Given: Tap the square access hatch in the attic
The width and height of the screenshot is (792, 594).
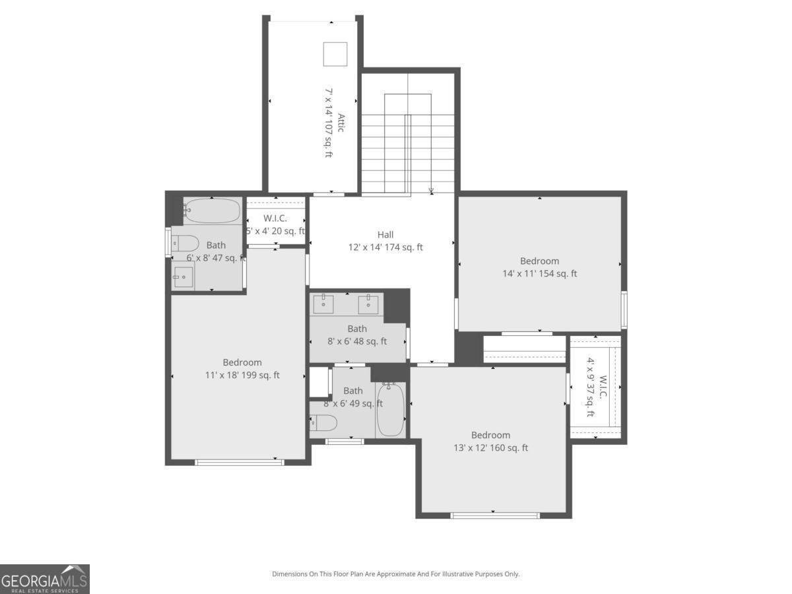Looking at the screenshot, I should pos(335,54).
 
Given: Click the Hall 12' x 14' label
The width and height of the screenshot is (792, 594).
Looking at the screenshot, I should pos(385,241).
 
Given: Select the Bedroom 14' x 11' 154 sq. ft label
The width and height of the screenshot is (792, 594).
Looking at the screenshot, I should pos(539,267).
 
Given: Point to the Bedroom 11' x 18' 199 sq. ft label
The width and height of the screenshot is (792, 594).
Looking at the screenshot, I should pos(242,369).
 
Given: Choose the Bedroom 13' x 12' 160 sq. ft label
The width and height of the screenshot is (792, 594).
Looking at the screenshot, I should pos(490,442).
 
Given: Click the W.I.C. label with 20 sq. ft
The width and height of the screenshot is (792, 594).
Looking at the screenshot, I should pos(275,224).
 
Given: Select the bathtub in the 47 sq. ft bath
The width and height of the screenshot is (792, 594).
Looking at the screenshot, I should pos(211,211).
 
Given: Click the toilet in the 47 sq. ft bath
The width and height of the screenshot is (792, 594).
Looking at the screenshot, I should pos(185,242).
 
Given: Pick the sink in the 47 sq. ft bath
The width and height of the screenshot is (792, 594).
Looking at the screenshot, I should pos(183,277).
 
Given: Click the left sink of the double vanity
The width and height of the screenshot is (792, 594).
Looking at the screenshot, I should pos(323,304).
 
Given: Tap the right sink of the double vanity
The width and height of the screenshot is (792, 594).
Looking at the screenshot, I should pos(368,304).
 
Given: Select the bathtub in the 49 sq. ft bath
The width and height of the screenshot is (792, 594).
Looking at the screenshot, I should pos(390,409).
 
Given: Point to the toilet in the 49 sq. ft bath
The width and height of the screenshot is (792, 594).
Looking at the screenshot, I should pos(323,422).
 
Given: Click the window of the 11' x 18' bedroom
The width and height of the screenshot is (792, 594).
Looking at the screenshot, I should pos(240,462).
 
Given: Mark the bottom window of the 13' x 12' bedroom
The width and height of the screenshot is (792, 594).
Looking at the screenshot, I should pos(495,515).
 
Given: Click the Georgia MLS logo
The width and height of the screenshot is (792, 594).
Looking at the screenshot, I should pos(44,579).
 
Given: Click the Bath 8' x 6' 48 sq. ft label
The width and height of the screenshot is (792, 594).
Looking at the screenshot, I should pos(357,335).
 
